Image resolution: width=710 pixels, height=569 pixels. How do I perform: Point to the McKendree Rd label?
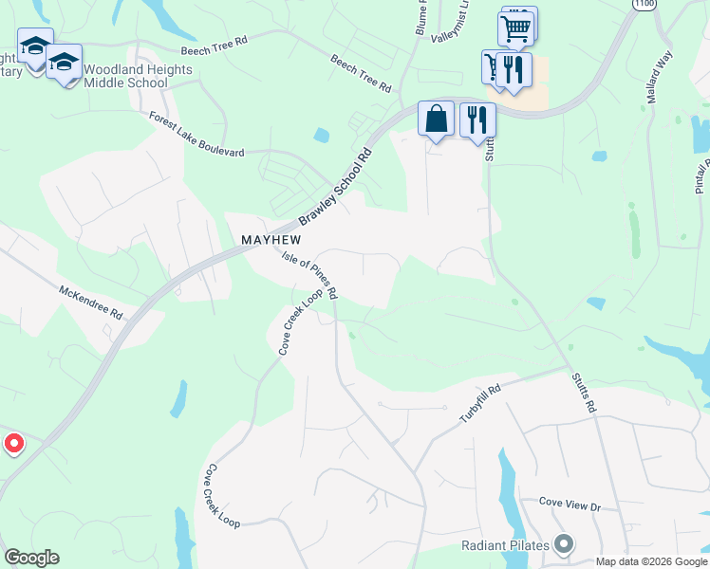(x=91, y=302)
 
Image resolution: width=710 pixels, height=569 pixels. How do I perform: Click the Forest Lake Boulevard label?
(x=196, y=134)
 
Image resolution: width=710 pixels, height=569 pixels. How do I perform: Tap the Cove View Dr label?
(x=570, y=505)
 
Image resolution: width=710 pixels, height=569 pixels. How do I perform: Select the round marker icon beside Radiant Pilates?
(x=565, y=544)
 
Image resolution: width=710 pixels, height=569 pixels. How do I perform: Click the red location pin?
(x=13, y=443)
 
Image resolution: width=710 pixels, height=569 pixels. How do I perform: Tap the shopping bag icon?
(x=436, y=119)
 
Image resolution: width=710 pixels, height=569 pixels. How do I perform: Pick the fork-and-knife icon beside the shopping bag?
(x=477, y=119)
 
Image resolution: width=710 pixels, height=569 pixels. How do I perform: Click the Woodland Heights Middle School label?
(x=138, y=76)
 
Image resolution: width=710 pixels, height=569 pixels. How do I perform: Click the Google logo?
(x=31, y=558)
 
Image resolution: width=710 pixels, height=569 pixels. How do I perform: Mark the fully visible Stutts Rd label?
(x=582, y=393)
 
